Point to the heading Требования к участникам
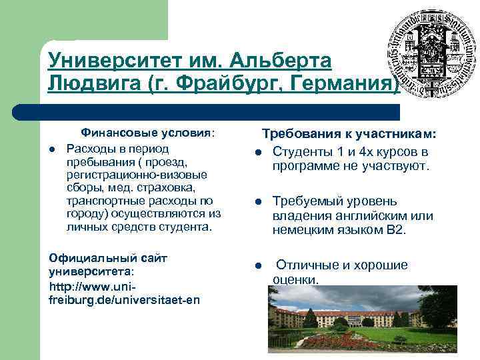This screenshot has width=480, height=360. pos(349,135)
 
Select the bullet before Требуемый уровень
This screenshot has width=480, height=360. pos(257,201)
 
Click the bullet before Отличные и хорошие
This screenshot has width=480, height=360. pos(257,265)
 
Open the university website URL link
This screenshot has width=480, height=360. pos(124,293)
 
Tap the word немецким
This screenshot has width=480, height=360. pos(301,230)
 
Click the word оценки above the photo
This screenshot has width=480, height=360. pos(295,279)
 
